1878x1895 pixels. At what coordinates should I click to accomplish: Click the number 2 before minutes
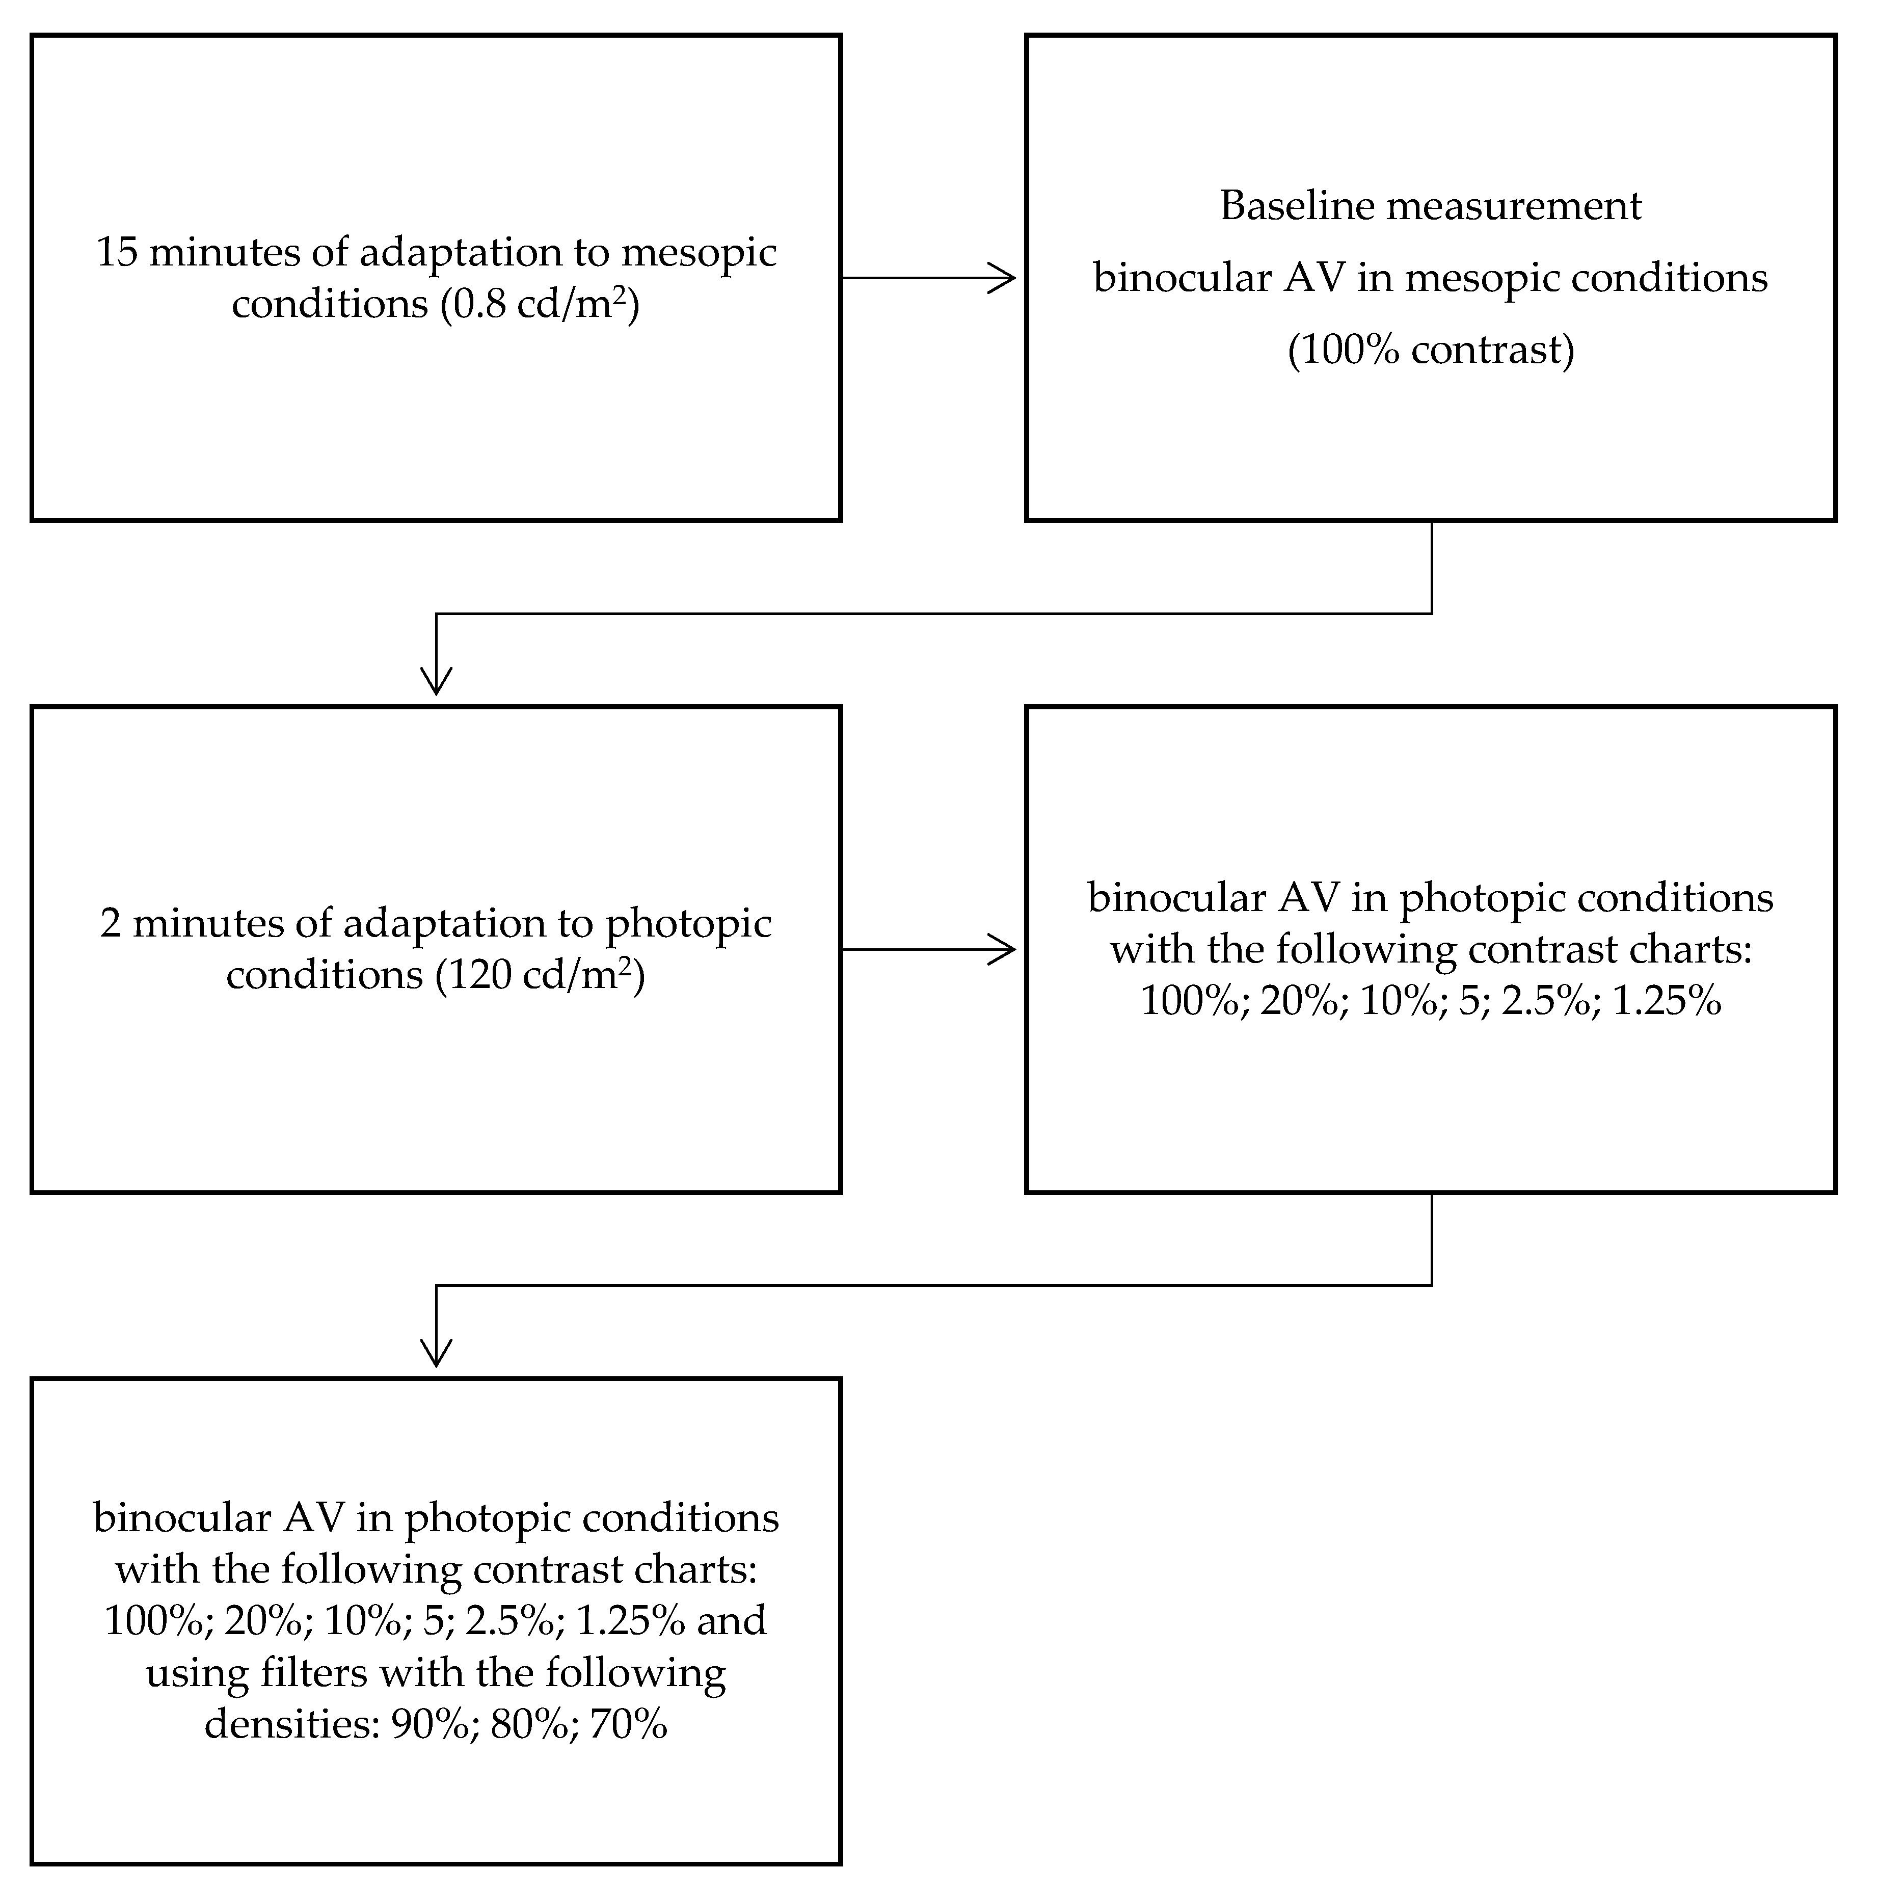pos(111,924)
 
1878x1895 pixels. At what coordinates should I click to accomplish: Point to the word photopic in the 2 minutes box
pos(687,924)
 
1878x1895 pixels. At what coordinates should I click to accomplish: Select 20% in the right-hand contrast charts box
pos(1299,1001)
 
